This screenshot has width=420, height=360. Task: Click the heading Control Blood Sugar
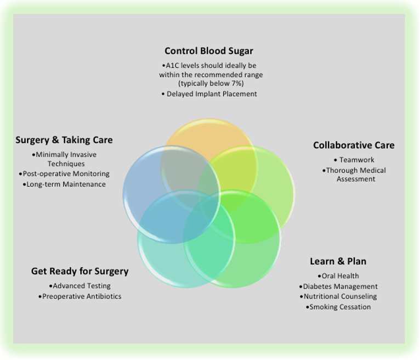pyautogui.click(x=209, y=51)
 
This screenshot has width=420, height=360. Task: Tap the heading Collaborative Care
pyautogui.click(x=354, y=145)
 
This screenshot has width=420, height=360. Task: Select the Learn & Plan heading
pyautogui.click(x=338, y=261)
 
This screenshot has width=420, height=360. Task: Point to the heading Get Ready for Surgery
pyautogui.click(x=80, y=271)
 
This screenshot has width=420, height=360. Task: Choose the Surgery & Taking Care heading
pyautogui.click(x=64, y=140)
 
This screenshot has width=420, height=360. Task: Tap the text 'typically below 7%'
pyautogui.click(x=211, y=83)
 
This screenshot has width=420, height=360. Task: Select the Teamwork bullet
pyautogui.click(x=356, y=160)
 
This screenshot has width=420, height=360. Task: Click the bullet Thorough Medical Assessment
pyautogui.click(x=355, y=175)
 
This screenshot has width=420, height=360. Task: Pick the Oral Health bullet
pyautogui.click(x=340, y=276)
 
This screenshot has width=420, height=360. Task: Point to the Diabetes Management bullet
pyautogui.click(x=340, y=286)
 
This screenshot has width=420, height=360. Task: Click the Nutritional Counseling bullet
pyautogui.click(x=340, y=296)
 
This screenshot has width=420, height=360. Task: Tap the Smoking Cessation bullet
pyautogui.click(x=339, y=307)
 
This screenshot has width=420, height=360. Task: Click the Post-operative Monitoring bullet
pyautogui.click(x=65, y=174)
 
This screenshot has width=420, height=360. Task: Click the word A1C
pyautogui.click(x=174, y=65)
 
